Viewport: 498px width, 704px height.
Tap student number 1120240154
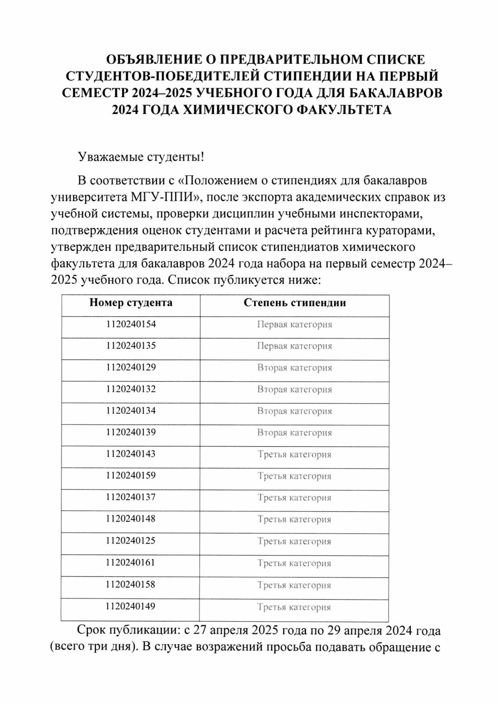pyautogui.click(x=131, y=324)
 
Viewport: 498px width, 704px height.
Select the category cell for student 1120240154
pyautogui.click(x=295, y=325)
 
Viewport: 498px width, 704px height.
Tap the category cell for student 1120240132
pyautogui.click(x=295, y=390)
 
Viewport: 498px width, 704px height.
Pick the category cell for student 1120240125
pyautogui.click(x=294, y=541)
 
